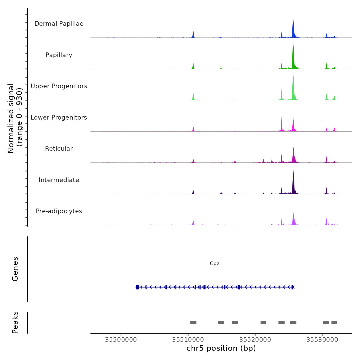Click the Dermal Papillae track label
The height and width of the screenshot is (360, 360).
click(x=59, y=24)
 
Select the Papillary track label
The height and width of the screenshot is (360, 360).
click(x=59, y=55)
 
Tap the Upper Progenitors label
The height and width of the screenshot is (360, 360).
click(x=59, y=86)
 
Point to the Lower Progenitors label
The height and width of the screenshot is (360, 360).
click(x=59, y=118)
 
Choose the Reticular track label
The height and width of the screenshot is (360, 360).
click(x=59, y=149)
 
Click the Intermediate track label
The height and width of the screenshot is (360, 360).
click(x=59, y=180)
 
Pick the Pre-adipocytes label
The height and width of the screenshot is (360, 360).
click(x=59, y=211)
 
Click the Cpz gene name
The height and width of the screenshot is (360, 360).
click(x=214, y=264)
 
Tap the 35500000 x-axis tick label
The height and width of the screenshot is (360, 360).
click(x=121, y=339)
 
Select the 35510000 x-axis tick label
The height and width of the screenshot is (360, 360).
click(x=188, y=339)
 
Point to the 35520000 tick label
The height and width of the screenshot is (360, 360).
click(x=255, y=339)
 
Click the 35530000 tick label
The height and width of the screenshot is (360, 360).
click(x=322, y=339)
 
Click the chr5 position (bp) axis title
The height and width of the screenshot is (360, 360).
click(x=221, y=348)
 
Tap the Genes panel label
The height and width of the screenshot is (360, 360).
click(x=15, y=269)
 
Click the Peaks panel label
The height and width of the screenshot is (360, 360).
click(x=15, y=322)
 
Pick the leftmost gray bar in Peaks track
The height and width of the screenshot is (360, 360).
click(x=193, y=323)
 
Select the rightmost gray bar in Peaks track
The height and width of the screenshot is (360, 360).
click(x=334, y=323)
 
